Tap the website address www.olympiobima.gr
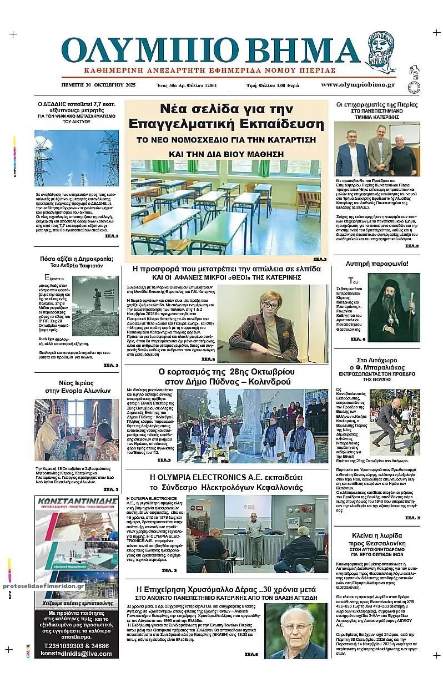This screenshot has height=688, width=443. [x=358, y=84]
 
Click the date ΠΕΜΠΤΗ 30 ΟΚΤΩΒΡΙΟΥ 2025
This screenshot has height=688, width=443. [x=98, y=85]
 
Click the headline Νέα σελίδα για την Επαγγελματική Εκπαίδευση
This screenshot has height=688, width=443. [x=226, y=115]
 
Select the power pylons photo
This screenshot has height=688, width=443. [x=77, y=158]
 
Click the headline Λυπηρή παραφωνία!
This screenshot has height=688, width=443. [x=377, y=263]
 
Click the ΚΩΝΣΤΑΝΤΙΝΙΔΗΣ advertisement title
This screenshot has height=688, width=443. [x=77, y=501]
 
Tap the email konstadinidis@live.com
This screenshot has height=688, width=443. [x=77, y=654]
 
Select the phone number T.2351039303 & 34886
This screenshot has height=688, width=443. [x=77, y=646]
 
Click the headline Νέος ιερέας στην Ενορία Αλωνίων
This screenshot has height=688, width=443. [x=77, y=387]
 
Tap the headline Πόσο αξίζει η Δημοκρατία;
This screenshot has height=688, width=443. [x=77, y=259]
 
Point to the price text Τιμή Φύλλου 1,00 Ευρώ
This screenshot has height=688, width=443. [x=273, y=85]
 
